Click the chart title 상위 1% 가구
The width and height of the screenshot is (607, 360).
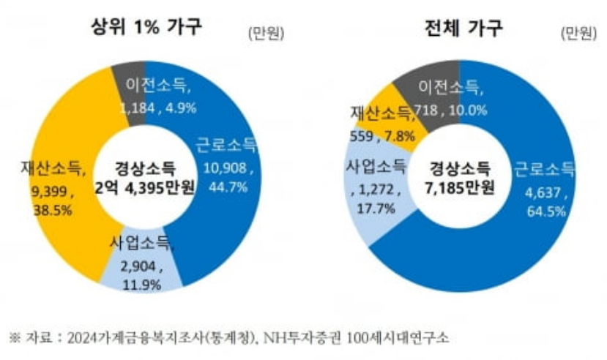[x=146, y=28]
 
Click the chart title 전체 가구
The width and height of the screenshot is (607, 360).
[x=463, y=29]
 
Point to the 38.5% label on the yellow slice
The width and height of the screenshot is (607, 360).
[x=48, y=211]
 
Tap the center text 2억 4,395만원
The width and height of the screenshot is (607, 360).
[x=146, y=188]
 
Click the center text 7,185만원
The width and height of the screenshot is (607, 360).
[x=461, y=187]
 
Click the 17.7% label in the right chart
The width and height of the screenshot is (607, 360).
[x=377, y=209]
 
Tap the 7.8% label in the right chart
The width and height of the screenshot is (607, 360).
[x=399, y=135]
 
